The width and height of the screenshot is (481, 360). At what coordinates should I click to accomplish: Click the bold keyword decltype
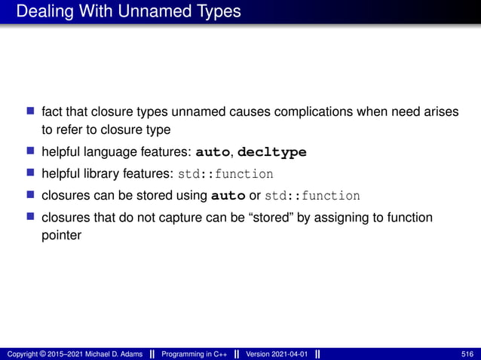pyautogui.click(x=272, y=152)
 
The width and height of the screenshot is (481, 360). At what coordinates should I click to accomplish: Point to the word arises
pyautogui.click(x=441, y=111)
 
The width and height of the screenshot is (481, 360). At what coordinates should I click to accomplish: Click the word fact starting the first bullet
pyautogui.click(x=52, y=111)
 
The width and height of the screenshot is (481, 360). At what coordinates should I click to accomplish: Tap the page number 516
pyautogui.click(x=467, y=354)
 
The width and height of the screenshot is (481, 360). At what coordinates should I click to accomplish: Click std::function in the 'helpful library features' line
pyautogui.click(x=225, y=174)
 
